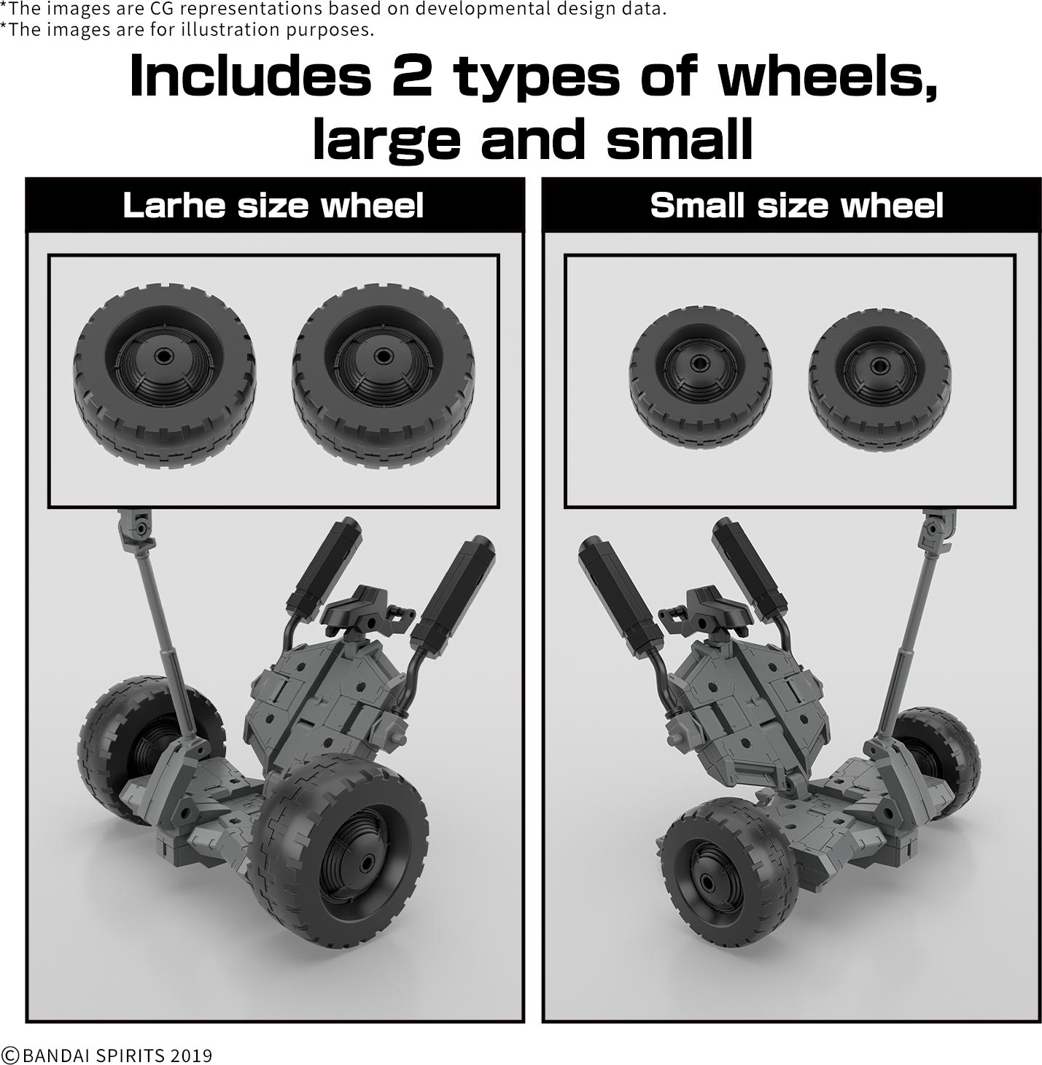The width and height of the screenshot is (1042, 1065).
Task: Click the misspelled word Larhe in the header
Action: pos(174,205)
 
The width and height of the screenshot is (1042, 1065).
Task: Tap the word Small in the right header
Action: pos(697,205)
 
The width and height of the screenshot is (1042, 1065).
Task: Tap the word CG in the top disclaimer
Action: pos(163,9)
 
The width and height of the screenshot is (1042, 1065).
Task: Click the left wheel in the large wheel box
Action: pos(165,376)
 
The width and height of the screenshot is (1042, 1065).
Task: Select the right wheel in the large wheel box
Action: pos(384,376)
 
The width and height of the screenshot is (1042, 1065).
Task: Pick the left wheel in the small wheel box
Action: pos(701,379)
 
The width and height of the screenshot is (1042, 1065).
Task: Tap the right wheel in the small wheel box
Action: pos(880,379)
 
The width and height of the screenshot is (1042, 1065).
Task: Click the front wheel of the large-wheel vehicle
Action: pos(338,841)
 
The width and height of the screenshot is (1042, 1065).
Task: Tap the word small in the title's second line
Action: pos(680,138)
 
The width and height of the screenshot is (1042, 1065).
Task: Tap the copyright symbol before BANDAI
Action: pos(10,1055)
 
